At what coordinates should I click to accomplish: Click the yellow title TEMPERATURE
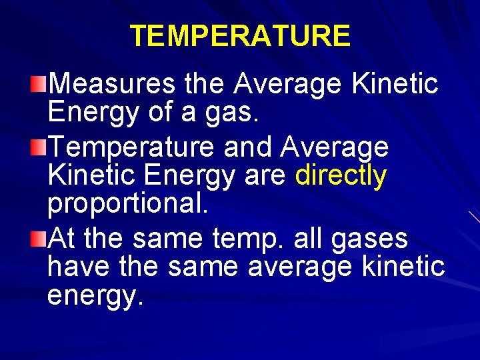[x=239, y=36]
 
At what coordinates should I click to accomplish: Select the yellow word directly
[x=341, y=175]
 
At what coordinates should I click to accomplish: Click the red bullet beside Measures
[x=41, y=84]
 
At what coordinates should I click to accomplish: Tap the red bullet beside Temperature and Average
[x=41, y=145]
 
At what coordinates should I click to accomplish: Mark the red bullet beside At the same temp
[x=41, y=237]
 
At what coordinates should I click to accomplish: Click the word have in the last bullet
[x=79, y=267]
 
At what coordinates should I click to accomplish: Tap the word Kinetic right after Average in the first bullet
[x=395, y=84]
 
